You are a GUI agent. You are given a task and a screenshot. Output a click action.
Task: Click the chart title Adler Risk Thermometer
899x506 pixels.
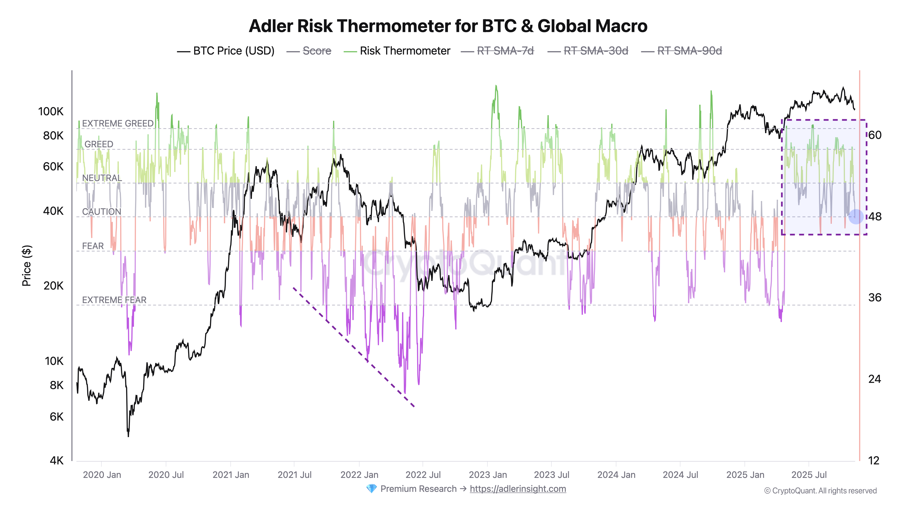coord(448,26)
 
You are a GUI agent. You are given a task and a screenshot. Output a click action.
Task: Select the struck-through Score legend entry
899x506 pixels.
coord(316,51)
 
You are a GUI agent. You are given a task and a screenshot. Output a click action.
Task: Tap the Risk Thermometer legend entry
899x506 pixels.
coord(405,51)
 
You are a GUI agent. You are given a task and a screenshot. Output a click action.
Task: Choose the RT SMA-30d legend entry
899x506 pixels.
coord(596,51)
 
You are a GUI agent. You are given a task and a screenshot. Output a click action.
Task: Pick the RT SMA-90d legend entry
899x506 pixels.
coord(689,51)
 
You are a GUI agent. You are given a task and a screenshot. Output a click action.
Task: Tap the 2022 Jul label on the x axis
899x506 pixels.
coord(423,475)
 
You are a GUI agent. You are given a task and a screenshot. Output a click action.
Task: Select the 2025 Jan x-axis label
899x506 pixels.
coord(745,475)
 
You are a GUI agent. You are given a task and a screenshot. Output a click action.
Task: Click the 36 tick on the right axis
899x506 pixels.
coord(875,298)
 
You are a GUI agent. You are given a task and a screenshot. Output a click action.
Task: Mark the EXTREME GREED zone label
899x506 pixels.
coord(118,124)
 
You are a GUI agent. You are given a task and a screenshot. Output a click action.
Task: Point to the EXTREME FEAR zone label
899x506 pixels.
coord(114,300)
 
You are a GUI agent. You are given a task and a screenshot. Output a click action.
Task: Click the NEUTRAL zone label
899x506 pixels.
coord(102,178)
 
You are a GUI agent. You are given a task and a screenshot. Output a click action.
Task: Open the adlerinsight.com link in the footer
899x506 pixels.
coord(518,489)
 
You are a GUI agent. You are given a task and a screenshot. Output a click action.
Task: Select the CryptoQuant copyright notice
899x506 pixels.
coord(820,491)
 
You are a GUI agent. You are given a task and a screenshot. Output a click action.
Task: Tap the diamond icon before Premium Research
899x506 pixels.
coord(371,489)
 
